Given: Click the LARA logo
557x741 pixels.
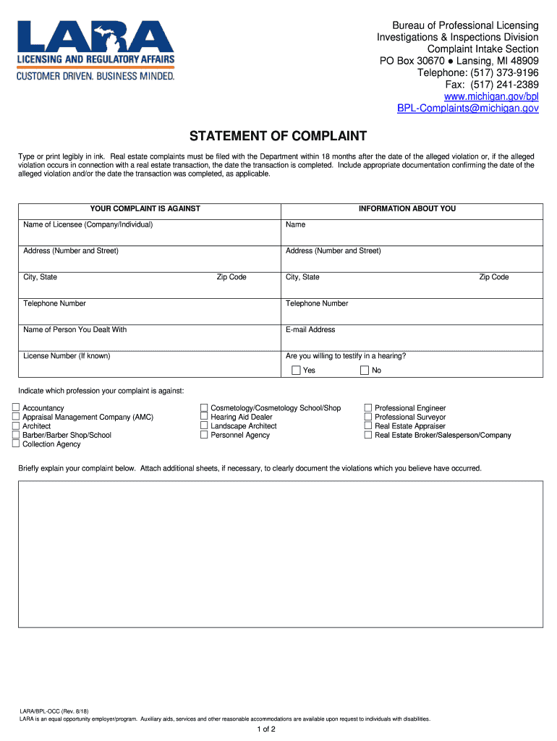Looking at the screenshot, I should (x=95, y=49).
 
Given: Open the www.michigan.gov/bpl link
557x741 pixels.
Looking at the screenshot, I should (x=491, y=96).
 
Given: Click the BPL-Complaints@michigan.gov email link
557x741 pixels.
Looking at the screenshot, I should (x=468, y=108).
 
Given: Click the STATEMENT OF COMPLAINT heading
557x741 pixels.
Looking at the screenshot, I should (x=278, y=136).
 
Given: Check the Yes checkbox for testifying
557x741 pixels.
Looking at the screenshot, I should (x=296, y=370).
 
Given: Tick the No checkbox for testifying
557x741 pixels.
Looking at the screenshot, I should (x=365, y=370).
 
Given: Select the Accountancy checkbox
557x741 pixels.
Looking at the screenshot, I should (x=16, y=408).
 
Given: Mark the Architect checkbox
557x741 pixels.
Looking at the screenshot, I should (x=16, y=426).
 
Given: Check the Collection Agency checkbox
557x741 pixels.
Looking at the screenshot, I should (x=16, y=444).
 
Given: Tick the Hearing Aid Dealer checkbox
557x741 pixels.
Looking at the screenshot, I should (x=204, y=417).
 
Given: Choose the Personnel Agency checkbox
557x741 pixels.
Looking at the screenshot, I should (x=204, y=435).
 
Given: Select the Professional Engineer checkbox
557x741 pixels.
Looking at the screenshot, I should (x=368, y=408).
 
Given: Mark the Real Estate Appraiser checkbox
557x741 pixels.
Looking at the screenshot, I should (x=368, y=426).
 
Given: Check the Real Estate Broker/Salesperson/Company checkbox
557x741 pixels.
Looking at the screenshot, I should (x=368, y=436).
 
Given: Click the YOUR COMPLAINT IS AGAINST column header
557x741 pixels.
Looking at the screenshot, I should (x=145, y=208).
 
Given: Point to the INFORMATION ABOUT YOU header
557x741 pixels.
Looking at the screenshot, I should (x=407, y=208).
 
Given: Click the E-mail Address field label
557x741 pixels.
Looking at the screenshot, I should (x=310, y=330).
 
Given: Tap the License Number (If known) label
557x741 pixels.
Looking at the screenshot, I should (x=67, y=356).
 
